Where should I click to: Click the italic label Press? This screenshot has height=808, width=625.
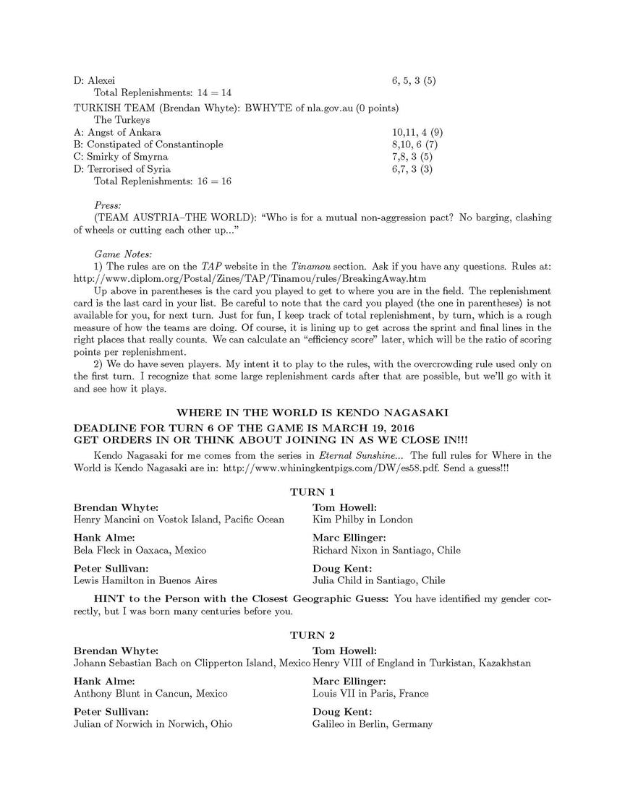108,205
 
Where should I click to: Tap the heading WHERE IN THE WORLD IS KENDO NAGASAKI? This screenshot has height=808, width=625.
312,413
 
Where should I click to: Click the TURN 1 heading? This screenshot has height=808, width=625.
312,492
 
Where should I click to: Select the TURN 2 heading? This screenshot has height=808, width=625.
312,635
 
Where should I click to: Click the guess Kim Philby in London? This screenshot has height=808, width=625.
362,519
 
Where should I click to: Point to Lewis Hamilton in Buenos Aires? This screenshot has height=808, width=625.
145,580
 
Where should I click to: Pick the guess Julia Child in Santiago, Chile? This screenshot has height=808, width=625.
378,580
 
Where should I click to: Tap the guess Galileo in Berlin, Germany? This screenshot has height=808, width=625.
372,723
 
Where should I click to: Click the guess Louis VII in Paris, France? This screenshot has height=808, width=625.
370,693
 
